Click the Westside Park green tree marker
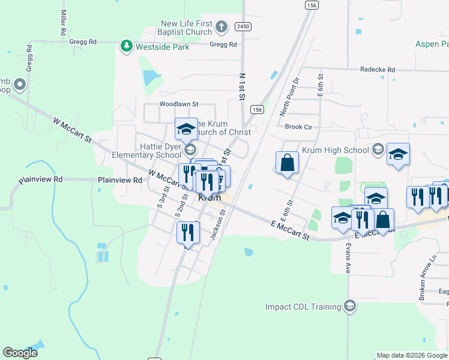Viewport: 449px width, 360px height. pos(126,46)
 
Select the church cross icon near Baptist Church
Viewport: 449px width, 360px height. pos(221,27)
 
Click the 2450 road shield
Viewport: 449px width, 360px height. pos(243,26)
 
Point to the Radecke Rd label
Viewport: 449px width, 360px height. pos(378,70)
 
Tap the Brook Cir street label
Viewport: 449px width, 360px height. pos(298,127)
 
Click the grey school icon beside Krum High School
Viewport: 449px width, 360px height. pos(378,149)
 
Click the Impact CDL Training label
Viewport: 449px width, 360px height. pos(303,307)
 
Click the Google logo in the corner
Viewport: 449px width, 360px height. pos(20,353)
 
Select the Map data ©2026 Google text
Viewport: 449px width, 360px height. pos(412,355)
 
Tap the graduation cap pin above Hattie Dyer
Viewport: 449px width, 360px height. pos(186,128)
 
